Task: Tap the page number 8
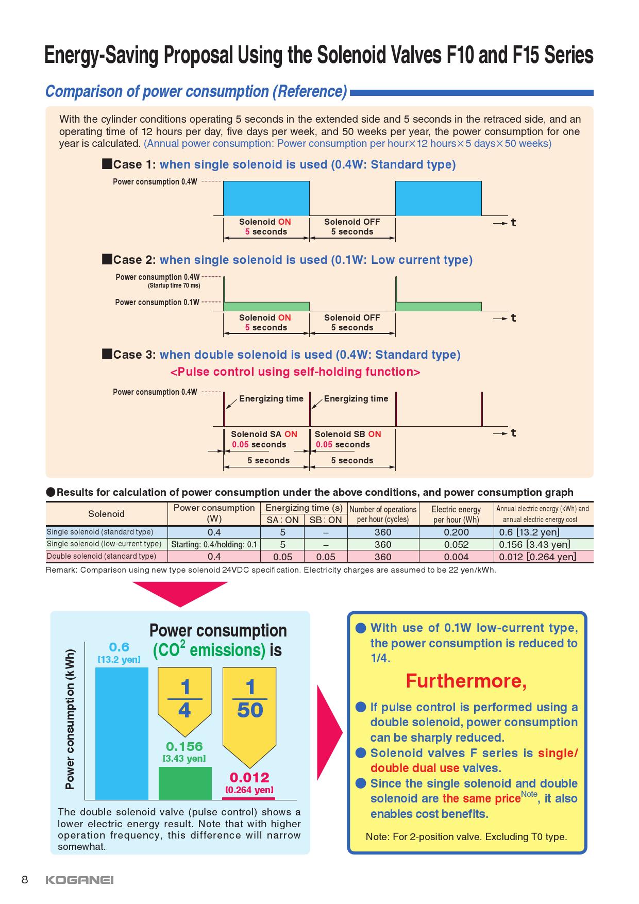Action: coord(24,879)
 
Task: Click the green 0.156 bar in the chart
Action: coord(185,783)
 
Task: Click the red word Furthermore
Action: coord(466,681)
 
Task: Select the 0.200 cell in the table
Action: coord(456,532)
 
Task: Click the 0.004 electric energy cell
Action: coord(456,557)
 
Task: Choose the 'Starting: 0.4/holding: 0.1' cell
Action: coord(214,544)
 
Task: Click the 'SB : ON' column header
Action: coord(325,520)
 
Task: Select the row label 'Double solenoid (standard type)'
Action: coord(102,556)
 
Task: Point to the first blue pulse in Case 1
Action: coord(266,198)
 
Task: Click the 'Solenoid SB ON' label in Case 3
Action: coord(348,434)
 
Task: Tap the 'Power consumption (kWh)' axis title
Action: coord(70,719)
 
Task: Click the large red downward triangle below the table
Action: coord(180,593)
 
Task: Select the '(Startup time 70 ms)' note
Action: coord(174,286)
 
